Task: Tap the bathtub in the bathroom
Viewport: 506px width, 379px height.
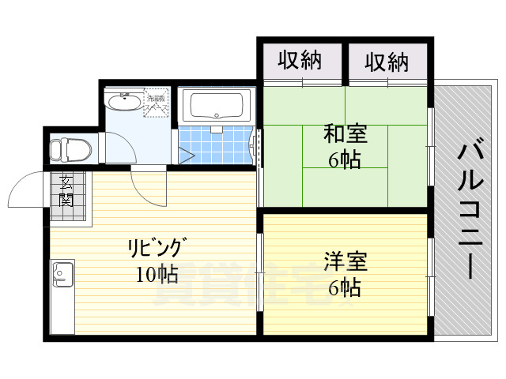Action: (x=216, y=105)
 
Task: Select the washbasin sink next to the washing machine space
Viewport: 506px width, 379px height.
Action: (x=123, y=102)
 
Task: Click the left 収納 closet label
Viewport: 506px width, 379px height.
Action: (x=300, y=60)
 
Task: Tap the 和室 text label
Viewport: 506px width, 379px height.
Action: (x=345, y=134)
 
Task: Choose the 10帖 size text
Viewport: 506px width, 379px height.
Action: (x=155, y=274)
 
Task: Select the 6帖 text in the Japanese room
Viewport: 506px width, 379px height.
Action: (x=345, y=159)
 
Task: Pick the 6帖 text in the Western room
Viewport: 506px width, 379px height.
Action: (x=345, y=287)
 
